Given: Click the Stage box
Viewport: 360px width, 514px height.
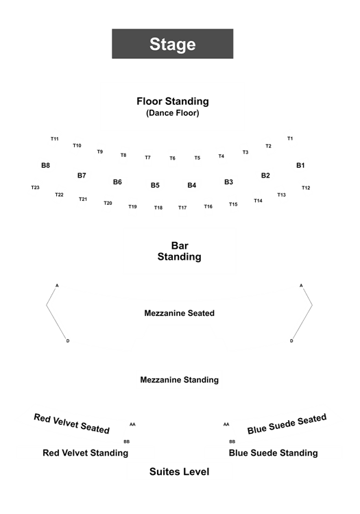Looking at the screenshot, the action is [x=173, y=44].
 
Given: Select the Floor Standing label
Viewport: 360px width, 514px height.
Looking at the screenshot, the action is [x=173, y=101].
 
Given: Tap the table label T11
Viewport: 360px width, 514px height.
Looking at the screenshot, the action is [x=54, y=138].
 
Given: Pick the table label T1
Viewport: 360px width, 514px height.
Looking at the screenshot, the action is [x=290, y=138].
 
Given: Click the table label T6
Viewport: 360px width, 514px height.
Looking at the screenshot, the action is [x=172, y=158].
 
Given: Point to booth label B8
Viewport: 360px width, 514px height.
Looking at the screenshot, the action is [x=45, y=165].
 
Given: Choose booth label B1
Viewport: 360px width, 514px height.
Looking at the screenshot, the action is [x=300, y=165].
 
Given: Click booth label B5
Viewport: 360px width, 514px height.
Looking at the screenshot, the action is [x=155, y=185].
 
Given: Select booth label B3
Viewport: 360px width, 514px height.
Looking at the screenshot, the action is [x=228, y=182].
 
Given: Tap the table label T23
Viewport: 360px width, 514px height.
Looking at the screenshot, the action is [x=35, y=188].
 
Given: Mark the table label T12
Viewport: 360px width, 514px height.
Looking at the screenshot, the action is [x=306, y=188].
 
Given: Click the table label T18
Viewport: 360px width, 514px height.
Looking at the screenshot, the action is [x=158, y=208].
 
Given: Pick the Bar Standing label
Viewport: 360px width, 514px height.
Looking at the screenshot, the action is [x=180, y=251].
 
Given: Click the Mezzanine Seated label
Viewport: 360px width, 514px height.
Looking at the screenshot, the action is [x=180, y=313].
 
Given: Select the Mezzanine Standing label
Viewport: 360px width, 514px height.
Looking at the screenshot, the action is [x=180, y=380].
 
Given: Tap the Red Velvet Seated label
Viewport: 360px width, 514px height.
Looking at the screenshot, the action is [x=72, y=424].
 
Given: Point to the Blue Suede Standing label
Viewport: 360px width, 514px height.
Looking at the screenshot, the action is [x=273, y=453].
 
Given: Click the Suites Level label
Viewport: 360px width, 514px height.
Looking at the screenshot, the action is [x=180, y=472].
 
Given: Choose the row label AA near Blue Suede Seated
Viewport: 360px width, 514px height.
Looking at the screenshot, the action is [x=226, y=424].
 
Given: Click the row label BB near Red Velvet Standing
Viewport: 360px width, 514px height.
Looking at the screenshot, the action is [x=127, y=441].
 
